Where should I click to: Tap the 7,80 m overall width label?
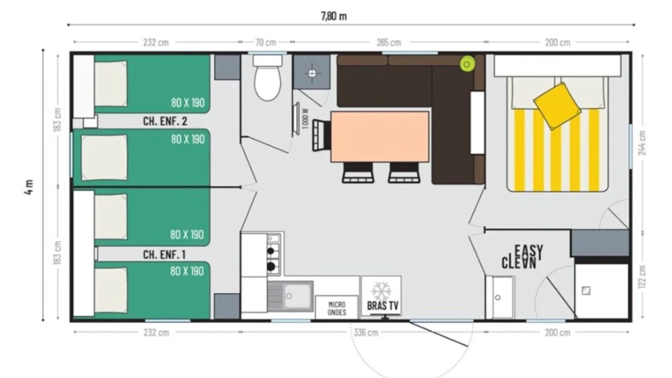[334, 16]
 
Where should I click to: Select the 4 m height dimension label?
[29, 187]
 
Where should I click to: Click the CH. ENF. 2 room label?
[165, 121]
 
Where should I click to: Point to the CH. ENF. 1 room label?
[164, 255]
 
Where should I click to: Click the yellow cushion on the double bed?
[558, 106]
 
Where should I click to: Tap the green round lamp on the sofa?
[467, 64]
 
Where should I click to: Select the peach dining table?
[380, 137]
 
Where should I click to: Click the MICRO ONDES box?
[337, 308]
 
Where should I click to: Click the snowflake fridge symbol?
[381, 291]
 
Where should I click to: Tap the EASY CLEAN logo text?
[522, 257]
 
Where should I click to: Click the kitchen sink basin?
[297, 297]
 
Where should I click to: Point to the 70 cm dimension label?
[266, 43]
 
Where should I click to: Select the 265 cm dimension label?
[389, 43]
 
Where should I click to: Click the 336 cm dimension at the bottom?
[366, 332]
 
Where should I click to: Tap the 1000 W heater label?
[306, 119]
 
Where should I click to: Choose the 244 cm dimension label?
[642, 143]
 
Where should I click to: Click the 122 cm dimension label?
[642, 277]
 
